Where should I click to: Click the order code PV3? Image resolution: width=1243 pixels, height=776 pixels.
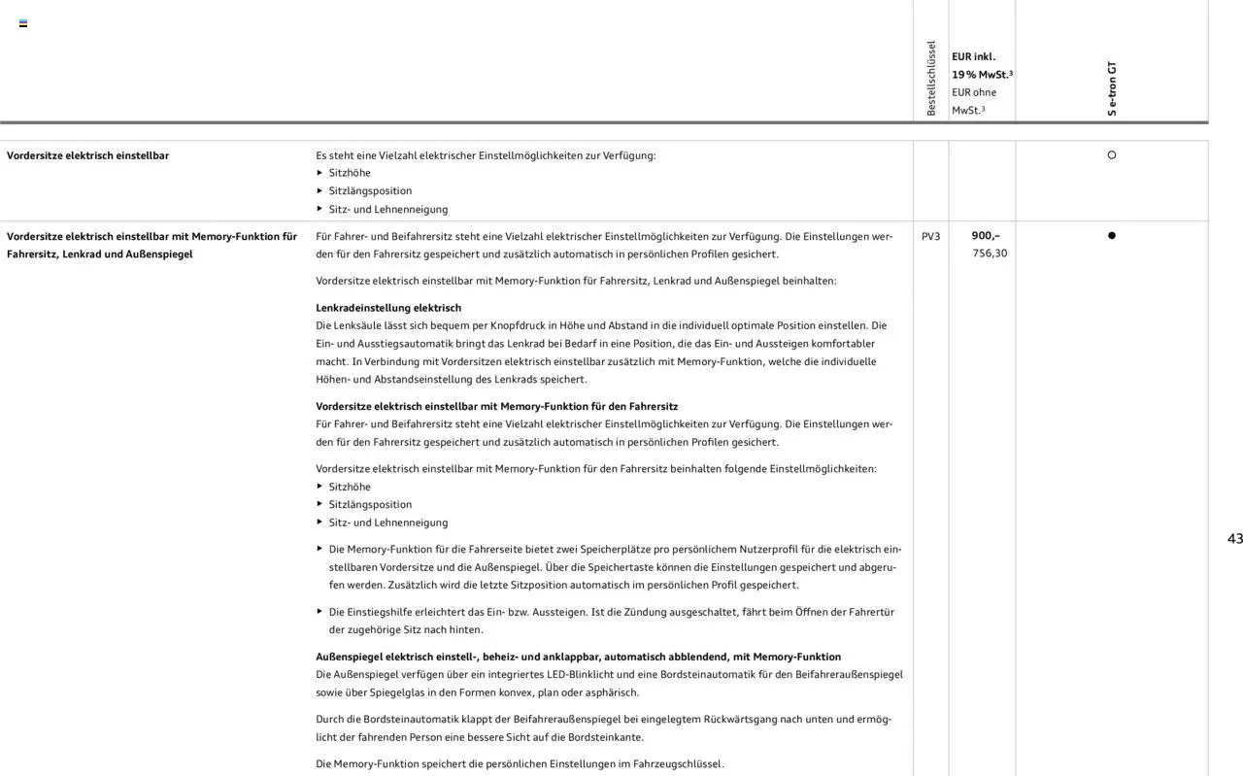(x=930, y=236)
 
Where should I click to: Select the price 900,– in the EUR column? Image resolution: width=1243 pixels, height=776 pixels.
(x=986, y=236)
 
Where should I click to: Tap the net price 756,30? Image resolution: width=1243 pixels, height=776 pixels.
(x=990, y=253)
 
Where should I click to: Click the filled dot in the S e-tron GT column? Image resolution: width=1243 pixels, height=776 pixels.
(x=1112, y=236)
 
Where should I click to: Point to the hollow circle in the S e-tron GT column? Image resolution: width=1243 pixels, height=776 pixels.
(x=1112, y=155)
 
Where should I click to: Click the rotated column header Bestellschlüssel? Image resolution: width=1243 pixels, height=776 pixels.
(x=931, y=79)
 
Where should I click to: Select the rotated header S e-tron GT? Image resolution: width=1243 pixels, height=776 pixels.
(x=1112, y=88)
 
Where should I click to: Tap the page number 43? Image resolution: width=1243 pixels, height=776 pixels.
(x=1234, y=539)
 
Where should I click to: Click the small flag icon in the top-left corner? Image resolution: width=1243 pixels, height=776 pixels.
(x=23, y=23)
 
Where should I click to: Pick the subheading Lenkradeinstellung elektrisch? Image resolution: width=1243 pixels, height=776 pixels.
(x=388, y=308)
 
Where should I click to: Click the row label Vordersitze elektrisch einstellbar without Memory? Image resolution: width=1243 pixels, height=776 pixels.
(x=87, y=155)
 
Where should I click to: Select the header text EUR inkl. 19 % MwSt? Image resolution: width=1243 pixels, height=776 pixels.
(x=981, y=65)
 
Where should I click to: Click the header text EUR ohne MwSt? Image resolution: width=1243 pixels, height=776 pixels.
(x=974, y=101)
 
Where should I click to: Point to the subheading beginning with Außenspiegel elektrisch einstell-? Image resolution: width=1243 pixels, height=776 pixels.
(x=578, y=657)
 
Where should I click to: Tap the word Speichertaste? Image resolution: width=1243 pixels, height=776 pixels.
(x=620, y=567)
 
